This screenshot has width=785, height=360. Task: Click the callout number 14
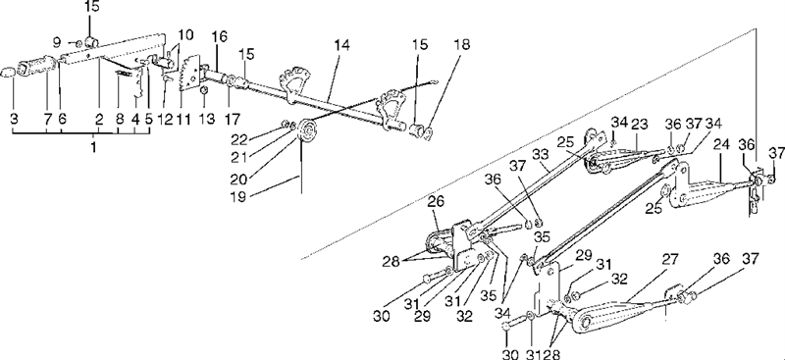pyautogui.click(x=342, y=45)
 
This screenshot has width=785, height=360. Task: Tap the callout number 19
pyautogui.click(x=239, y=196)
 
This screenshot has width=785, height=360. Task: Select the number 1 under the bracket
pyautogui.click(x=94, y=148)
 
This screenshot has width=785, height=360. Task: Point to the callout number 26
pyautogui.click(x=436, y=203)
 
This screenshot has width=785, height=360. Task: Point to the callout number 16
pyautogui.click(x=219, y=36)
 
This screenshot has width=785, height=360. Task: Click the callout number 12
pyautogui.click(x=165, y=119)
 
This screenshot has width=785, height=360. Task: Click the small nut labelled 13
pyautogui.click(x=204, y=90)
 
